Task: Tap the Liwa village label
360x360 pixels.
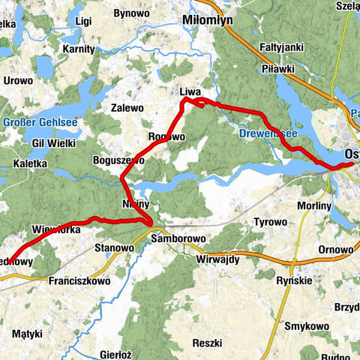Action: tap(190, 91)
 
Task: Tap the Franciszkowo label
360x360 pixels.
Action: tap(78, 280)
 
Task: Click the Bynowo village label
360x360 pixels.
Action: tap(131, 13)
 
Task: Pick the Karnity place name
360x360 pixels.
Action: tap(79, 49)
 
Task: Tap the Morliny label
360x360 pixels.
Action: tap(313, 205)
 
